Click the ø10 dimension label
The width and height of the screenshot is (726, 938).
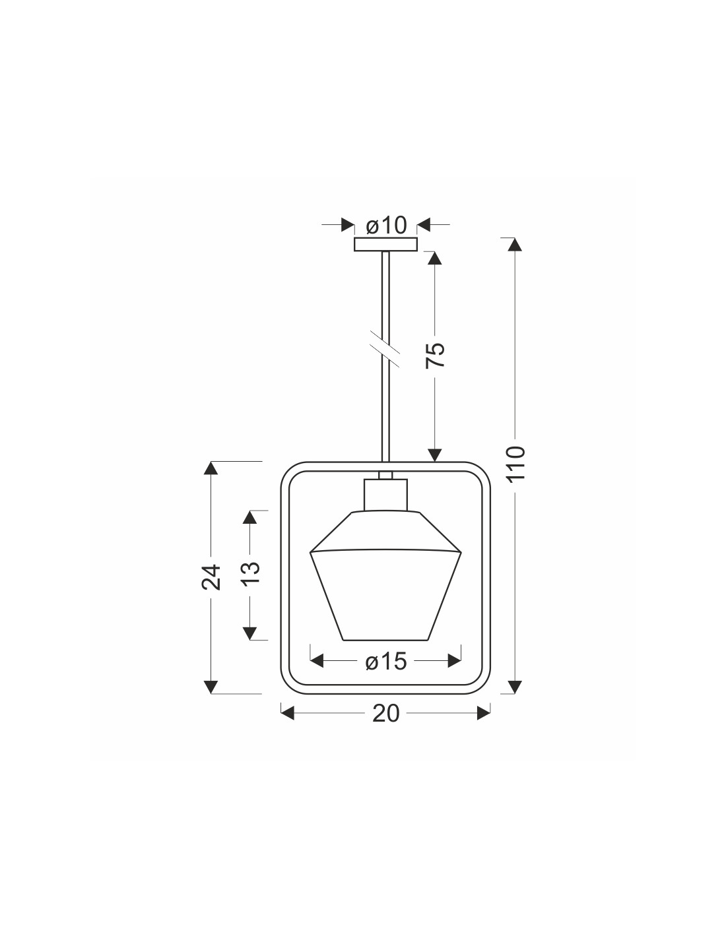pos(386,226)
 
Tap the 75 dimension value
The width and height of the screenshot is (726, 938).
pos(435,355)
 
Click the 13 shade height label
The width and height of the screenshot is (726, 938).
pos(250,573)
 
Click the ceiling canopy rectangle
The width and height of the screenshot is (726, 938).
pos(385,244)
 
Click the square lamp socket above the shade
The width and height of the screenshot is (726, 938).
pos(385,495)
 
